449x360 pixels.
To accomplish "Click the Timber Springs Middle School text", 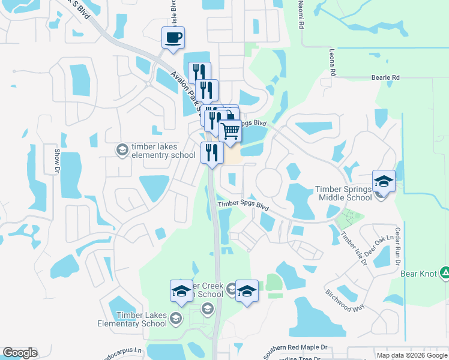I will tap(344, 193).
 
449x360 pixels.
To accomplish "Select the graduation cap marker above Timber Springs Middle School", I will tap(384, 181).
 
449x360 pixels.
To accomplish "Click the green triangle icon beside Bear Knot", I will tap(445, 274).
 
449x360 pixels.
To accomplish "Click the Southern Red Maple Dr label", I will tap(298, 347).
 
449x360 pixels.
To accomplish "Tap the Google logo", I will tap(20, 353).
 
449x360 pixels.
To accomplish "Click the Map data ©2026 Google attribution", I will tap(412, 355).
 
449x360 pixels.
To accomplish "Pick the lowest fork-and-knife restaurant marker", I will tap(211, 152).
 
